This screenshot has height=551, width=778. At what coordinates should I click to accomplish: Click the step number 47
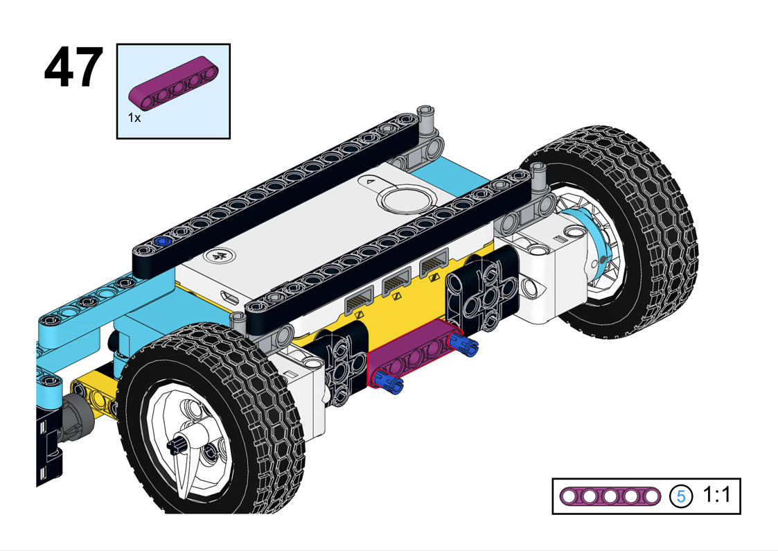coord(73,67)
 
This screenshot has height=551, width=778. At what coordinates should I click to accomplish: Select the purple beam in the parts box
coord(174,82)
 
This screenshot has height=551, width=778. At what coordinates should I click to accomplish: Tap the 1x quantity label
coord(134,118)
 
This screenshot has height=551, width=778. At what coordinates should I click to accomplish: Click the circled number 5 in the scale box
coord(681,496)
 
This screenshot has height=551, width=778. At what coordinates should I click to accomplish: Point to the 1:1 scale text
coord(717,495)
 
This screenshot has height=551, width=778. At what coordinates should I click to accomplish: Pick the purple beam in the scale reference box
coord(610,496)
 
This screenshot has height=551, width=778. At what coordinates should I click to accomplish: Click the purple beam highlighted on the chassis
coord(415,353)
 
